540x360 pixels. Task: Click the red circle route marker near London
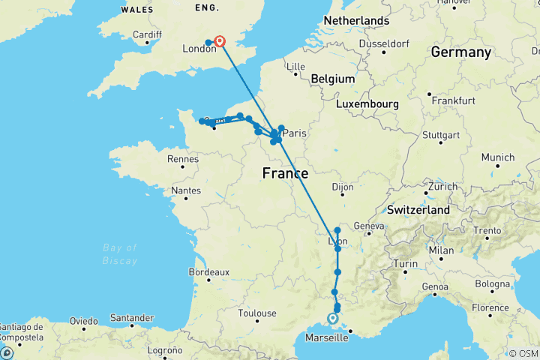pos(220,42)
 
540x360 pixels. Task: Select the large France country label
pos(285,174)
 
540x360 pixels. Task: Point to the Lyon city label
pos(337,241)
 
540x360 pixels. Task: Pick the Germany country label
pos(460,52)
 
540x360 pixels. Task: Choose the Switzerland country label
pos(418,210)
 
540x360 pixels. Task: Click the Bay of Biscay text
pos(121,254)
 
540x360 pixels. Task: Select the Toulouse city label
pos(257,313)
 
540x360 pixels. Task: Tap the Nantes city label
pos(185,191)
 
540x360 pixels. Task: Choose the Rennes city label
pos(183,159)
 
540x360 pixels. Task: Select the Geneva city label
pos(369,226)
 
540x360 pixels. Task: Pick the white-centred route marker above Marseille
pos(332,319)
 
